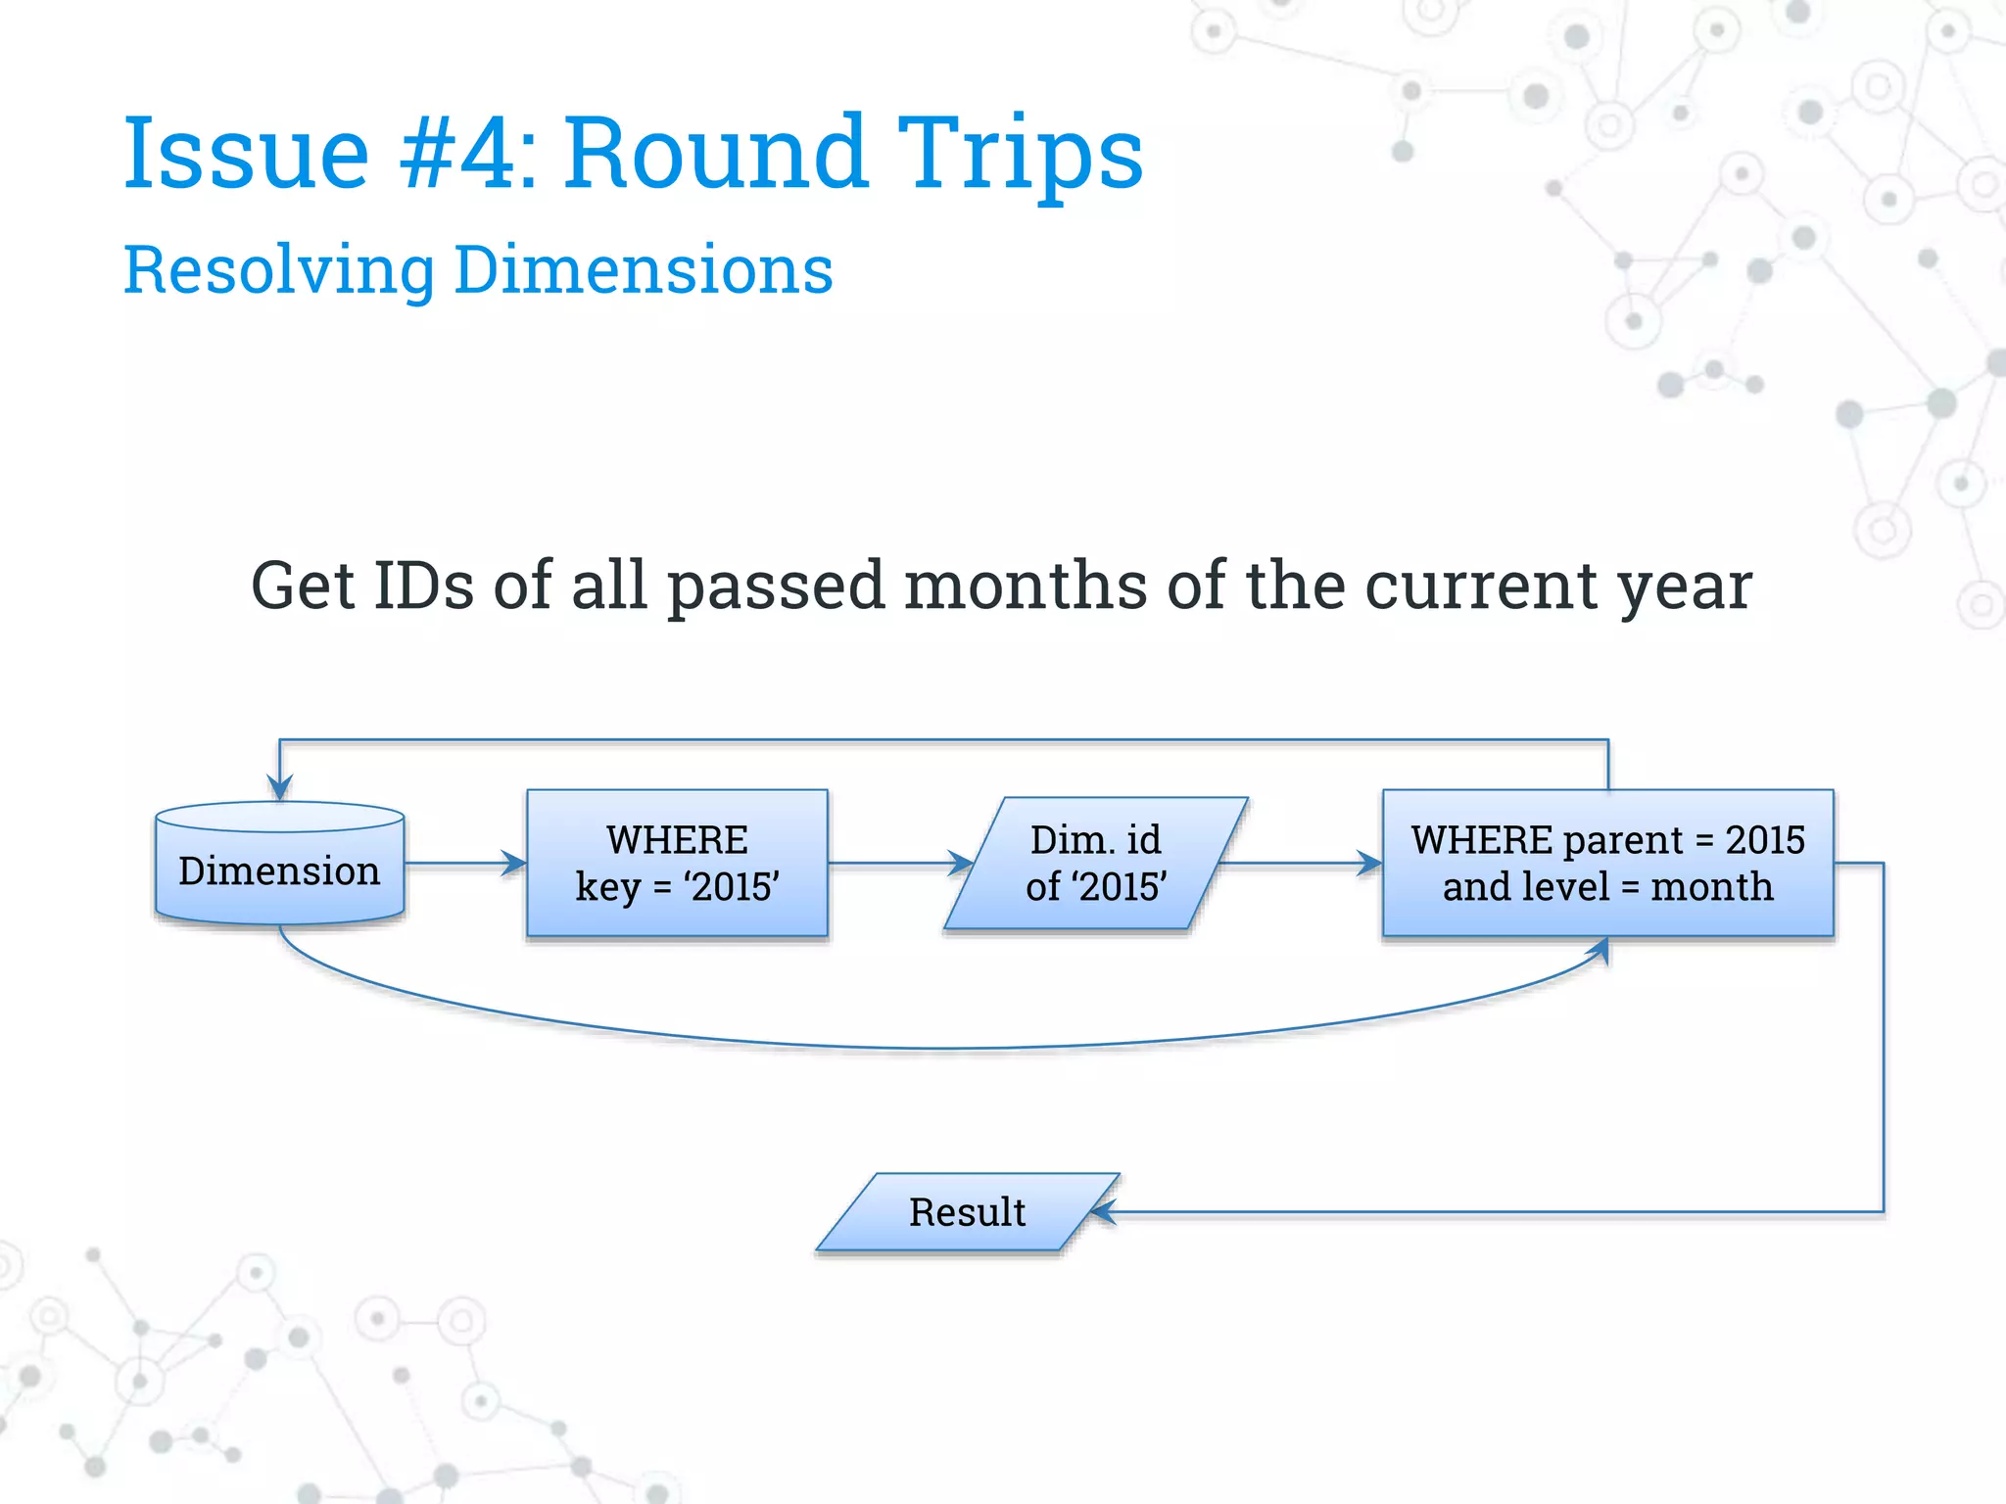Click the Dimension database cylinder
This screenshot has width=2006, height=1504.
click(279, 867)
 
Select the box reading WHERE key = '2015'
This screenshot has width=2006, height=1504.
click(677, 863)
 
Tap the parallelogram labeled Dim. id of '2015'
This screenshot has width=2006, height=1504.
click(1095, 863)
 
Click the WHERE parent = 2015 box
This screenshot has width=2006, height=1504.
click(1607, 863)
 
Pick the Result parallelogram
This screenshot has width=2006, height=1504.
click(967, 1212)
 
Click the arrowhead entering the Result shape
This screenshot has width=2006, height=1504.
click(1104, 1212)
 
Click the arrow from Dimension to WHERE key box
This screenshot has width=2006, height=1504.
click(465, 863)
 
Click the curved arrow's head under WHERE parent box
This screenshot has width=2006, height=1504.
click(1599, 951)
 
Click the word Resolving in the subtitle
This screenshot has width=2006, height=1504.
click(279, 270)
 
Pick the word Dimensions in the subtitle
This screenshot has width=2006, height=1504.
click(644, 270)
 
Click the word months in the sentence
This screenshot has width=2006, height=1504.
click(1025, 586)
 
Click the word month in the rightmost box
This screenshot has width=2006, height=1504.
click(1711, 887)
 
